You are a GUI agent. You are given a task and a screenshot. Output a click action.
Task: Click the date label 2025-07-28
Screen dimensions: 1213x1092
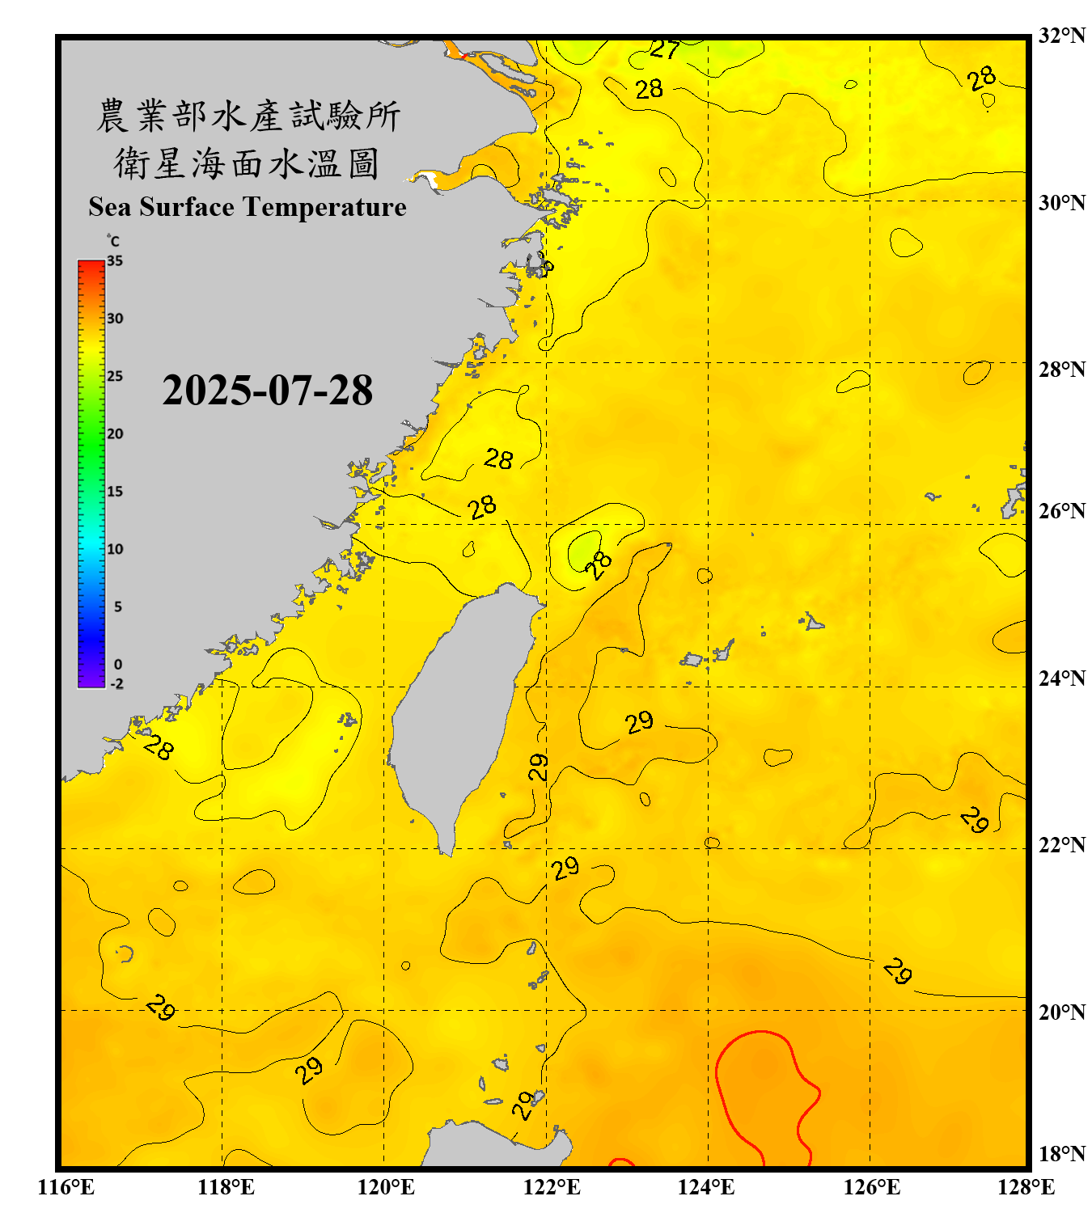pos(267,391)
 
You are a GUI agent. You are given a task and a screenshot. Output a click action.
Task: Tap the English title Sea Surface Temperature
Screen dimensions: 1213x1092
pos(248,207)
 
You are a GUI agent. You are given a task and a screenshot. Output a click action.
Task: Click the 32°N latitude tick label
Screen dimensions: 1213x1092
pos(1061,36)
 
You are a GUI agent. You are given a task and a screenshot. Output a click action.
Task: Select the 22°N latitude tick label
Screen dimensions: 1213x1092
pos(1061,845)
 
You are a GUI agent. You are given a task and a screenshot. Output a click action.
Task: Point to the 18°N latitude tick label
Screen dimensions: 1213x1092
pos(1061,1154)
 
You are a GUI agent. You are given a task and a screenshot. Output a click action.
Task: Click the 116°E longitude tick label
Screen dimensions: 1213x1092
pos(66,1187)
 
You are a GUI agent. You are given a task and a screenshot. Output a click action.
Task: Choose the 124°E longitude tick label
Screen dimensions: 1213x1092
pos(706,1187)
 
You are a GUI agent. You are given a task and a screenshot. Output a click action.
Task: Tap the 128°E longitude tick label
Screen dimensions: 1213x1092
pos(1026,1187)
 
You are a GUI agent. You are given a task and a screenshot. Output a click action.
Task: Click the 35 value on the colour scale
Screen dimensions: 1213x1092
pos(115,261)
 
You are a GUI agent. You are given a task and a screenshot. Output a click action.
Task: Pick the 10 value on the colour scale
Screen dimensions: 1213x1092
pos(115,549)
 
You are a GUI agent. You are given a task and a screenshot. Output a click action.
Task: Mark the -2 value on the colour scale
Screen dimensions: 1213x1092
pos(116,684)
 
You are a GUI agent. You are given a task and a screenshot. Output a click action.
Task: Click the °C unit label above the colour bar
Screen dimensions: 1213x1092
pos(112,241)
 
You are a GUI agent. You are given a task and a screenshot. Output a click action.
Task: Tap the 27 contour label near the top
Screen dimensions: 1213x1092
pos(665,50)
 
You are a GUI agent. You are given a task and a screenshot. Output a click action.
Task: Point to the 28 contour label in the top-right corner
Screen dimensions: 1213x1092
pos(982,79)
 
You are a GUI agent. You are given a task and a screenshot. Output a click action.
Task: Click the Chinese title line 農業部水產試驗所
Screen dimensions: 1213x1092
pos(248,116)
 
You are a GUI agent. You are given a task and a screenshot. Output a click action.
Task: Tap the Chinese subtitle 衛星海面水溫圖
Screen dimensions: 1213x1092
pos(248,163)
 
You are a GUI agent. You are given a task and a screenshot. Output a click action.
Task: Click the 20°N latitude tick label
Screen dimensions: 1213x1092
pos(1061,1012)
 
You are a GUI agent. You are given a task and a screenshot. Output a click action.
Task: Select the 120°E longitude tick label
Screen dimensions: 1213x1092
pos(386,1187)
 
